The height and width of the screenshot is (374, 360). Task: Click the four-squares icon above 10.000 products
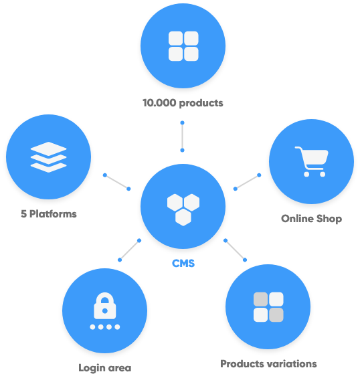pyautogui.click(x=183, y=46)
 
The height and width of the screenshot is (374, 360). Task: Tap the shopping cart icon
pyautogui.click(x=312, y=161)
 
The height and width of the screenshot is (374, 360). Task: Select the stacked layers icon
pyautogui.click(x=48, y=157)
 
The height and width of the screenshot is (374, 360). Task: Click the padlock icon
pyautogui.click(x=105, y=306)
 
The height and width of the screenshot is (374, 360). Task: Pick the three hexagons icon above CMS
pyautogui.click(x=183, y=209)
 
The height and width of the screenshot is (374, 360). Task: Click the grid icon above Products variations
pyautogui.click(x=268, y=307)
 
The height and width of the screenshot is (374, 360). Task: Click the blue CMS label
pyautogui.click(x=183, y=264)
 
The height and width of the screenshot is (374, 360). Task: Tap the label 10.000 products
pyautogui.click(x=183, y=103)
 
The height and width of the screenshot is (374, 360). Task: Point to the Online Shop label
pyautogui.click(x=311, y=219)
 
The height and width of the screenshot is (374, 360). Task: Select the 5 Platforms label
pyautogui.click(x=49, y=213)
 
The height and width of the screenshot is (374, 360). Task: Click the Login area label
pyautogui.click(x=105, y=368)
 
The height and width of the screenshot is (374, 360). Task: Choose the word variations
pyautogui.click(x=292, y=364)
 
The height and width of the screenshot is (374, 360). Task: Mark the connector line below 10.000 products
pyautogui.click(x=182, y=136)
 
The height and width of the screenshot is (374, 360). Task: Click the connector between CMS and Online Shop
pyautogui.click(x=247, y=182)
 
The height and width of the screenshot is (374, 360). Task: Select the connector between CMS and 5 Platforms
pyautogui.click(x=116, y=182)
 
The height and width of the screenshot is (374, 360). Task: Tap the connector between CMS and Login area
pyautogui.click(x=130, y=250)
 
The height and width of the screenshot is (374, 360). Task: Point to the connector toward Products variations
pyautogui.click(x=235, y=250)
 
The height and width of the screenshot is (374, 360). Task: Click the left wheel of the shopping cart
pyautogui.click(x=306, y=175)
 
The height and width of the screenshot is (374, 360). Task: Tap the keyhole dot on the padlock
pyautogui.click(x=105, y=311)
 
